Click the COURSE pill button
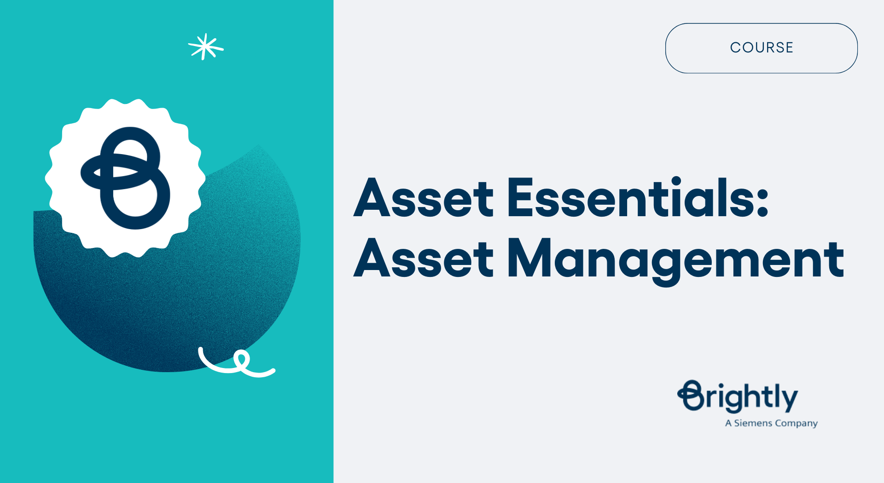pyautogui.click(x=761, y=48)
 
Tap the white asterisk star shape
pyautogui.click(x=205, y=47)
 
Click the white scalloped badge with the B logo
pyautogui.click(x=125, y=178)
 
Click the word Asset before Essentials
pyautogui.click(x=424, y=198)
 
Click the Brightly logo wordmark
pyautogui.click(x=738, y=397)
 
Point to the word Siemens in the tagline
pyautogui.click(x=753, y=423)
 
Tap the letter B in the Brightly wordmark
pyautogui.click(x=691, y=396)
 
